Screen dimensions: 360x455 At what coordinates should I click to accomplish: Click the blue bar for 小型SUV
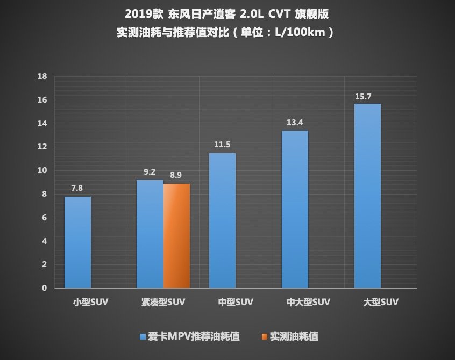click(x=77, y=242)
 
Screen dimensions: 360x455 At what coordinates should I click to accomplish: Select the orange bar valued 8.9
click(x=176, y=236)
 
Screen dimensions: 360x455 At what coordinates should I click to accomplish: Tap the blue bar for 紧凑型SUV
click(x=150, y=234)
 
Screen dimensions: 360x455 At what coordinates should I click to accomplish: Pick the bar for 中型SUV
click(x=222, y=221)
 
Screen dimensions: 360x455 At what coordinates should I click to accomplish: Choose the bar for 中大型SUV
click(x=295, y=210)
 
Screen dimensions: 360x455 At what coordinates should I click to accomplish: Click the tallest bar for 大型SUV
click(x=367, y=196)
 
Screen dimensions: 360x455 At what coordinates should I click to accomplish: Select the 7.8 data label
click(x=77, y=189)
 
